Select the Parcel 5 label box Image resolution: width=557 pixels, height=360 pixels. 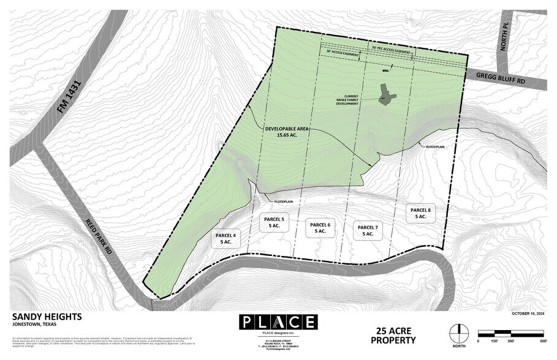pyautogui.click(x=274, y=222)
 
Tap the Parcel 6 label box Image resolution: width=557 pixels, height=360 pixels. pyautogui.click(x=320, y=228)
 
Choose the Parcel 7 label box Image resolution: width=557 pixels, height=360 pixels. pyautogui.click(x=368, y=230)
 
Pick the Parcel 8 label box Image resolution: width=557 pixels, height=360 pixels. pyautogui.click(x=421, y=212)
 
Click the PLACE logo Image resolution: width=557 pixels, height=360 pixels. pyautogui.click(x=278, y=322)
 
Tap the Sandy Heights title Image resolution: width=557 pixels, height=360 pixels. pyautogui.click(x=47, y=317)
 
